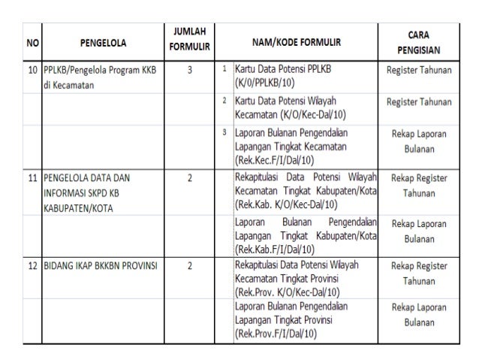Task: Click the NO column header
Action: (32, 43)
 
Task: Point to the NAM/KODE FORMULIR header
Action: (297, 43)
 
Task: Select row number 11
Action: (32, 179)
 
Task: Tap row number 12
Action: (32, 265)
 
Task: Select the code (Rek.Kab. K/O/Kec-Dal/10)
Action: (287, 204)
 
